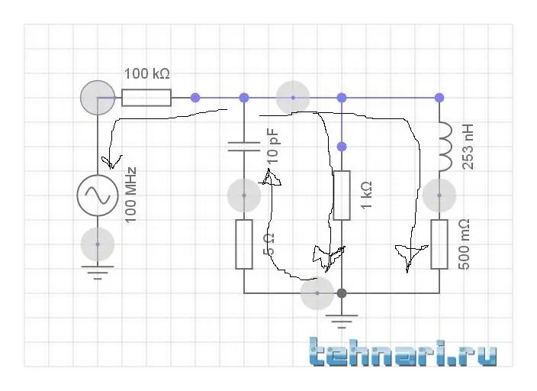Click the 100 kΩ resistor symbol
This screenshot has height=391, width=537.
(x=146, y=98)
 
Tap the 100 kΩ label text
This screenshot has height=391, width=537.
(x=146, y=73)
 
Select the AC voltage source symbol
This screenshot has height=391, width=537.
(x=98, y=195)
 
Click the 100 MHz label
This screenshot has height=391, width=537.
(x=130, y=195)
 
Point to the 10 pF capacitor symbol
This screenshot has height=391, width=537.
(x=244, y=147)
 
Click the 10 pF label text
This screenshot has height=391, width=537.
(x=272, y=147)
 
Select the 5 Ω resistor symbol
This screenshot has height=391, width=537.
(x=244, y=244)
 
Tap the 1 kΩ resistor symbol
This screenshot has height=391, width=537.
(x=342, y=195)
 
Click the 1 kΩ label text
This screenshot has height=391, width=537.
(x=366, y=195)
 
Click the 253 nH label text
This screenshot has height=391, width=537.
(x=468, y=147)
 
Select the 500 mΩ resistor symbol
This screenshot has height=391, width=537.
(x=439, y=244)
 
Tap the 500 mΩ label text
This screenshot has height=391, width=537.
(x=463, y=244)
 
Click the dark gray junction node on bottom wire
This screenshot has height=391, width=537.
(x=342, y=293)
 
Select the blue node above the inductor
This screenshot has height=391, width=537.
(x=439, y=98)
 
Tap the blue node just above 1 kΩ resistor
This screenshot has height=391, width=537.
(x=342, y=147)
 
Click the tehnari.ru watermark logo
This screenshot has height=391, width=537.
(x=403, y=351)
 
